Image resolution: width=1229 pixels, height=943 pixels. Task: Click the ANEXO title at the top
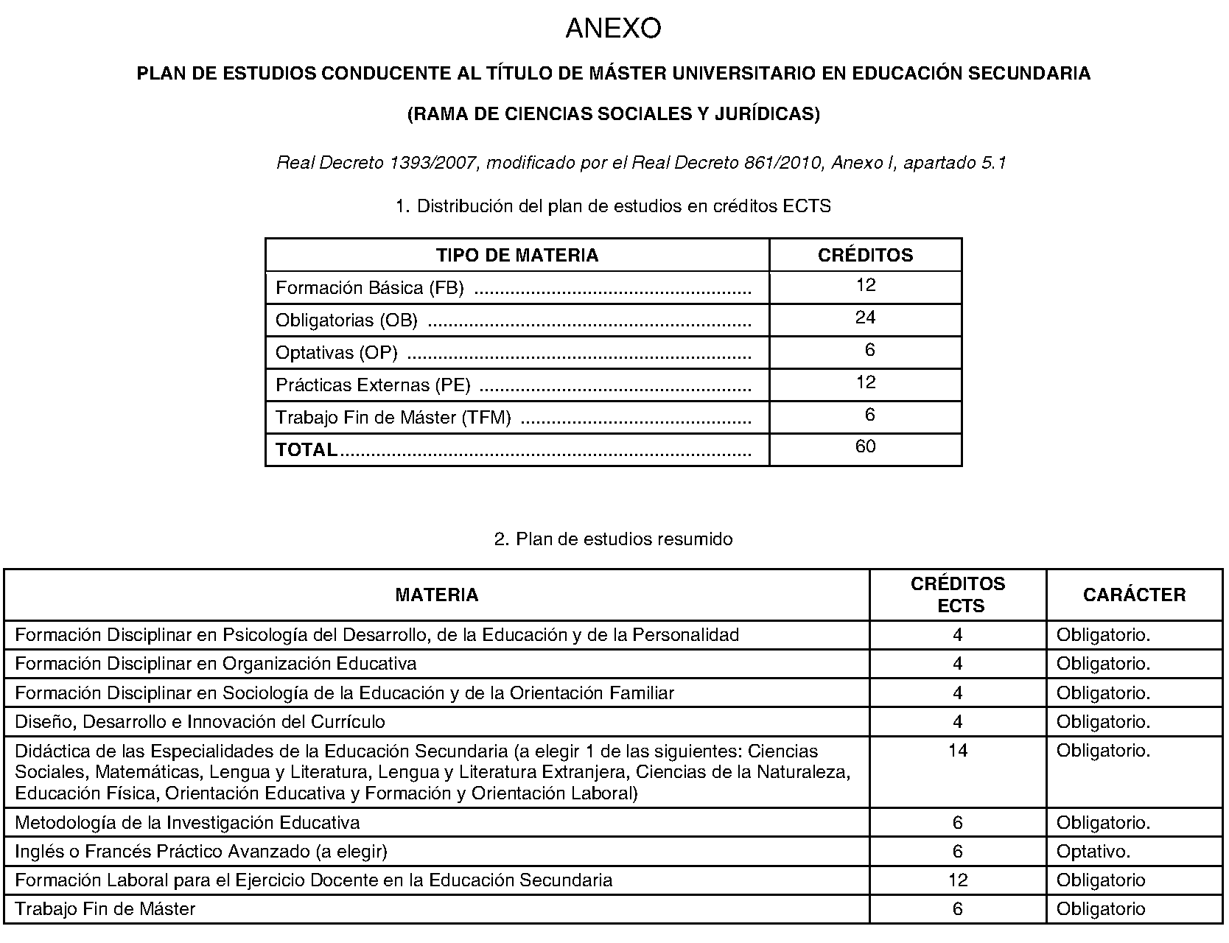point(613,29)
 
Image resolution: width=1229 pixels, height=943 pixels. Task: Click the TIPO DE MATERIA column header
point(517,256)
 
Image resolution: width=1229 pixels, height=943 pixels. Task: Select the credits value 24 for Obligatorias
point(865,318)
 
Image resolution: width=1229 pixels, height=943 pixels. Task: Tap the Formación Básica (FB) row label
point(369,288)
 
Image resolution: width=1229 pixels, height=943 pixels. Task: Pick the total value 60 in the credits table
point(865,446)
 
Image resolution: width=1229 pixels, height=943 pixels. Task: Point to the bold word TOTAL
point(307,449)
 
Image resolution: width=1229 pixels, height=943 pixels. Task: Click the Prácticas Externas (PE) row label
point(373,385)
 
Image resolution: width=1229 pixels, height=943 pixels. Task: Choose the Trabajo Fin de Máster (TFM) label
point(393,418)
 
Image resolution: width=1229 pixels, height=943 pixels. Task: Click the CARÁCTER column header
point(1134,595)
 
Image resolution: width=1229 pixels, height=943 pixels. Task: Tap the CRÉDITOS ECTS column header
point(957,595)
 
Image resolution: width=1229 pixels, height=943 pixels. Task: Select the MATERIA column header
point(436,595)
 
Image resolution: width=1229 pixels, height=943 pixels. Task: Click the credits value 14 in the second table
point(957,751)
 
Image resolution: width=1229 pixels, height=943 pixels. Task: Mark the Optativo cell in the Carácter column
point(1093,852)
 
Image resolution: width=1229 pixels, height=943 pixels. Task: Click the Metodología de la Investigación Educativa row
point(187,823)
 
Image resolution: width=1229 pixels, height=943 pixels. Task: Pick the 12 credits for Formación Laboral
point(957,880)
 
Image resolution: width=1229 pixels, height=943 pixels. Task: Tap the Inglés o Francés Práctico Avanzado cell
point(200,852)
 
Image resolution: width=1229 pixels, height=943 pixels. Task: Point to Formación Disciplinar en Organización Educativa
point(215,664)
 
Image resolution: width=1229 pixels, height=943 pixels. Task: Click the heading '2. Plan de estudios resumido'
point(613,539)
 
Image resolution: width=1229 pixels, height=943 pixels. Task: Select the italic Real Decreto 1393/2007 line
point(640,163)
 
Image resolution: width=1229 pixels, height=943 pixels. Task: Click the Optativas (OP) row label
point(336,353)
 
